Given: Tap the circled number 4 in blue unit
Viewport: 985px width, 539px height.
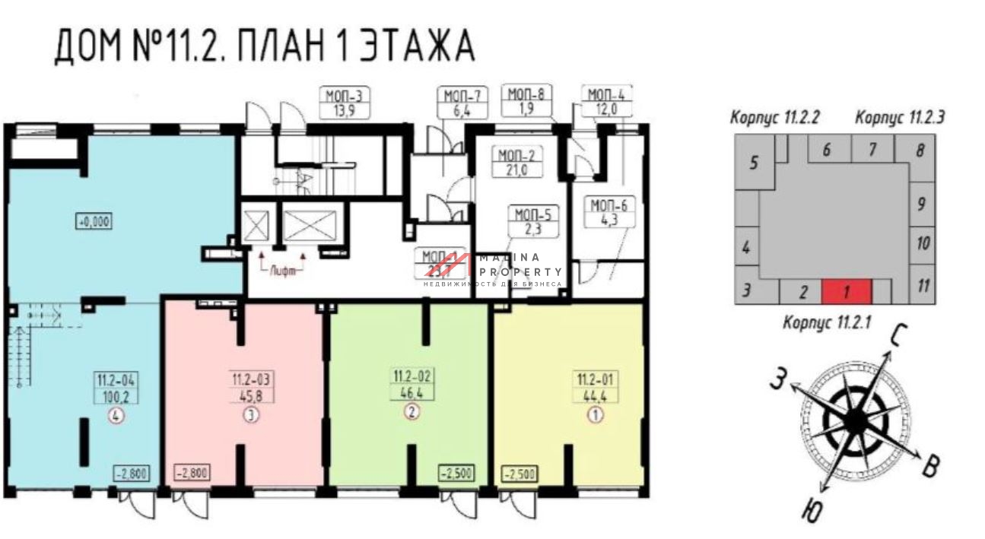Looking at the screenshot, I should (x=116, y=415).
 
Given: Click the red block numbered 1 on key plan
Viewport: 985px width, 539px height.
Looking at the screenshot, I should (x=846, y=291).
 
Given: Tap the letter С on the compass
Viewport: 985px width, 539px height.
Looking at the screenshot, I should (x=898, y=335).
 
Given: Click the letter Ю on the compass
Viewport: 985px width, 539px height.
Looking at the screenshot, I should (x=812, y=512).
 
